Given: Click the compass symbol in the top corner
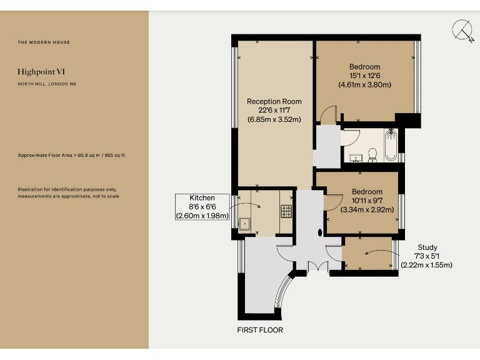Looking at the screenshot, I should pyautogui.click(x=463, y=31).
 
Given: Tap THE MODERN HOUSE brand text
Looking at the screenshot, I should pyautogui.click(x=44, y=42).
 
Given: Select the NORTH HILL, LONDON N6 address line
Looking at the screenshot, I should pyautogui.click(x=47, y=84).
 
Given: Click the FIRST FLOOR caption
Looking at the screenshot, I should pyautogui.click(x=260, y=329).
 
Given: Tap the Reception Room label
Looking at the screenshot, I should pyautogui.click(x=274, y=101).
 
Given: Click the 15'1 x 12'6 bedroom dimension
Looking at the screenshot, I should pyautogui.click(x=365, y=76).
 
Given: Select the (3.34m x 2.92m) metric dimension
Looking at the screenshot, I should pyautogui.click(x=365, y=210).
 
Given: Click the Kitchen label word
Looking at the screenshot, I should pyautogui.click(x=202, y=198).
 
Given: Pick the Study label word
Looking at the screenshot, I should pyautogui.click(x=427, y=247).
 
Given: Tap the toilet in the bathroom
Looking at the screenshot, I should pyautogui.click(x=372, y=154).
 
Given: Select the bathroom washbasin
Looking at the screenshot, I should pyautogui.click(x=357, y=157).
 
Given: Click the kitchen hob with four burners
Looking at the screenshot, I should pyautogui.click(x=286, y=211).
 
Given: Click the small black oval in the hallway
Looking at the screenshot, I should pyautogui.click(x=321, y=232).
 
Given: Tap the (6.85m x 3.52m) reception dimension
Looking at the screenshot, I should pyautogui.click(x=274, y=119).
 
